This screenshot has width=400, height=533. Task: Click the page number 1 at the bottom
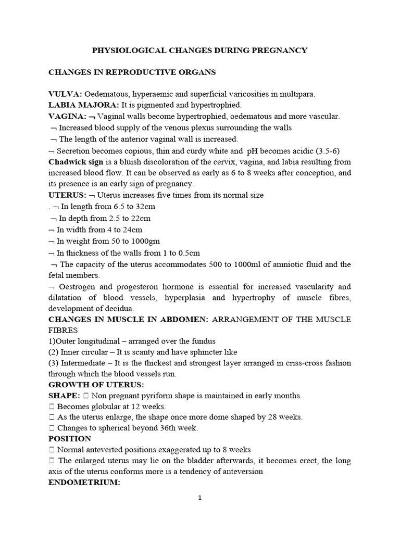[199, 498]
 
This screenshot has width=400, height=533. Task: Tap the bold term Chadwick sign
[72, 161]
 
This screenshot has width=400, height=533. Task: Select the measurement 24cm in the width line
[131, 230]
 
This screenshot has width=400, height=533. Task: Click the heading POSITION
[69, 438]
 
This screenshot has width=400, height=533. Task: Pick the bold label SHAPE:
[65, 396]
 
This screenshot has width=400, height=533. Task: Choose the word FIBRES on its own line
[63, 330]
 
